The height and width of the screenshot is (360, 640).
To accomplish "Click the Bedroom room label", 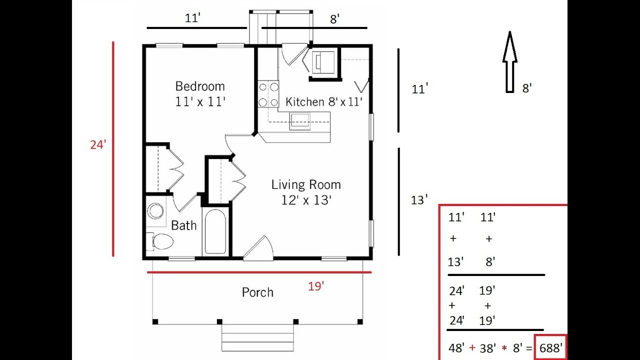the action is click(200, 86).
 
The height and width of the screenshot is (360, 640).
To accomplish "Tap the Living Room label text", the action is click(306, 184).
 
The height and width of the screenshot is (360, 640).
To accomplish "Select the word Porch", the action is click(257, 292).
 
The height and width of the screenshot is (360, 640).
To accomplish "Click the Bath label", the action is click(183, 225).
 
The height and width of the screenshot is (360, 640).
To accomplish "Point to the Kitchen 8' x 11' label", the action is click(323, 101).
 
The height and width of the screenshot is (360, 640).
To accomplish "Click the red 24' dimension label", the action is click(98, 145).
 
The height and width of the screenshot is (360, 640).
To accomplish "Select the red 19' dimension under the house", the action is click(316, 286).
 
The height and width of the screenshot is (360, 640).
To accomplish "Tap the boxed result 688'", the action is click(551, 348).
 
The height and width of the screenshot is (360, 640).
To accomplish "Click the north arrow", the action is click(510, 62).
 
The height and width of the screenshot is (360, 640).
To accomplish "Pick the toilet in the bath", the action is click(160, 241).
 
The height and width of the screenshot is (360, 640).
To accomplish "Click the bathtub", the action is click(215, 231).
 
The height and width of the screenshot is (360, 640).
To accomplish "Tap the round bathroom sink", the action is click(155, 211).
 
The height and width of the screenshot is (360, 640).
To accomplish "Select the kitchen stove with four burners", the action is click(268, 94).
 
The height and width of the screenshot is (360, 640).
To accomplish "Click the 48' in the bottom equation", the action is click(456, 348).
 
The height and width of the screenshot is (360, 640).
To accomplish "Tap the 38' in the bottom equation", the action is click(488, 348).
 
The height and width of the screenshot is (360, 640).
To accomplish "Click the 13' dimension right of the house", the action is click(419, 200).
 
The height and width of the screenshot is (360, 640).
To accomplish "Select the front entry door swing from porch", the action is click(258, 248).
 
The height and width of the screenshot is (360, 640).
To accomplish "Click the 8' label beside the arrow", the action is click(527, 88).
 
